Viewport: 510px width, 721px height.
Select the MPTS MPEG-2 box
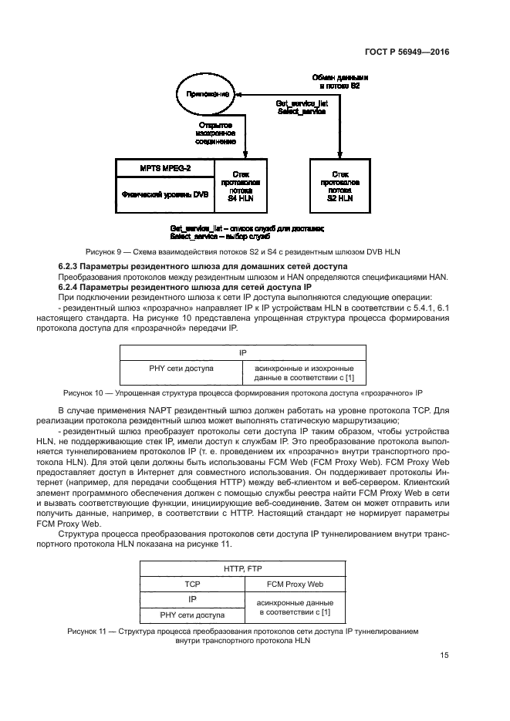click(160, 167)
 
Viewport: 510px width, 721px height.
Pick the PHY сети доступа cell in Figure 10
click(181, 369)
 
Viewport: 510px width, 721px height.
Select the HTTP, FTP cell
click(242, 569)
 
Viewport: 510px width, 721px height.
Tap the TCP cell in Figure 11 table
click(191, 584)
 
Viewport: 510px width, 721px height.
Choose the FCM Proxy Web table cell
click(294, 584)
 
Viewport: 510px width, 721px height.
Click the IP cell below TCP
click(191, 598)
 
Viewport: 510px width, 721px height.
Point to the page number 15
click(444, 655)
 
